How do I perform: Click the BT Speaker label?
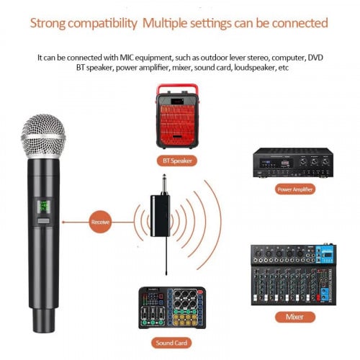(x=177, y=161)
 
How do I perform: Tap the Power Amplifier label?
(x=295, y=189)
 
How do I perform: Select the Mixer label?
(x=295, y=317)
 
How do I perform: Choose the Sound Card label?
(x=171, y=343)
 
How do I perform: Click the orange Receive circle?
(x=100, y=222)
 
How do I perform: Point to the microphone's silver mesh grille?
(x=43, y=136)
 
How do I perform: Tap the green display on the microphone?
(x=43, y=207)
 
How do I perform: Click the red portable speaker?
(x=177, y=116)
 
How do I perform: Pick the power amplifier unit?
(x=293, y=163)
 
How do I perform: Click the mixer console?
(x=293, y=275)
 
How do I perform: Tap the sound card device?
(x=172, y=307)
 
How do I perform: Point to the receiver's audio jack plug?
(x=165, y=185)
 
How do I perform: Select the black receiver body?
(x=160, y=216)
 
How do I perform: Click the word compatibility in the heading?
(x=102, y=23)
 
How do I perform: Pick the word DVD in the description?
(x=315, y=58)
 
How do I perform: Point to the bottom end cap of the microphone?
(x=44, y=320)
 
